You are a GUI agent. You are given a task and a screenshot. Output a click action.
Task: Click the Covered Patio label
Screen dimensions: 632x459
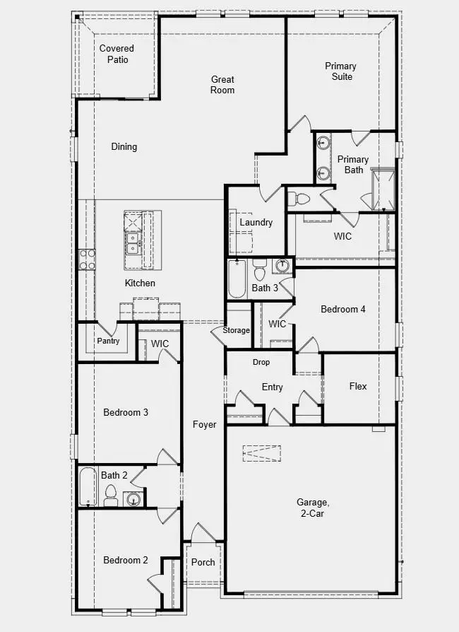117,54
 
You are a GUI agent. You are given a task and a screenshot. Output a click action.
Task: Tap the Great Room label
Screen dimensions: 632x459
222,85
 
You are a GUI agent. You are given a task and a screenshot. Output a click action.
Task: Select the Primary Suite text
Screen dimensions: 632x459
340,71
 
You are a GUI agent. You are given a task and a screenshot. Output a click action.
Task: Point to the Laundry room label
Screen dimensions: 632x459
256,222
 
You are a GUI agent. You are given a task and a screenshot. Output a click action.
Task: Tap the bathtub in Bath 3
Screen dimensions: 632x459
237,279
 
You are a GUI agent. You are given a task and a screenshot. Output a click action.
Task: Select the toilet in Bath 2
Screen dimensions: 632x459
111,496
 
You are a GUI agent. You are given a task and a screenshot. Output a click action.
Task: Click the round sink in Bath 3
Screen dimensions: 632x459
281,267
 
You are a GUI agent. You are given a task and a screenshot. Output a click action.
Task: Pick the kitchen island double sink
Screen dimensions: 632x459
133,243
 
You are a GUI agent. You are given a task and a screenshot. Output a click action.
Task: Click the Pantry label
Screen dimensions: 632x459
109,341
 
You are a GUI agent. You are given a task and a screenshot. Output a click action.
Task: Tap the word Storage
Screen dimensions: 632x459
237,330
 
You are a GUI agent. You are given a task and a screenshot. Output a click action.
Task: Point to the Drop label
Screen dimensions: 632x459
261,362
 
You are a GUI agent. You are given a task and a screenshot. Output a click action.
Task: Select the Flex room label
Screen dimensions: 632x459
358,386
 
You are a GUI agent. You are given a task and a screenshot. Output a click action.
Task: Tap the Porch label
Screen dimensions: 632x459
203,562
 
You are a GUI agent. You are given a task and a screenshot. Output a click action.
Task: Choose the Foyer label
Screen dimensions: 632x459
205,424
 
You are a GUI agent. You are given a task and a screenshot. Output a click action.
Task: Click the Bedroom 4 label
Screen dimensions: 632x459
343,309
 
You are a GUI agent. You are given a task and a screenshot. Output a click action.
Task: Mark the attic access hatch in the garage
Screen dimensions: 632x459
262,452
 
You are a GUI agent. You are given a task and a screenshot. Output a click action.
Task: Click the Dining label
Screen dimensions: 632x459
124,147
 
